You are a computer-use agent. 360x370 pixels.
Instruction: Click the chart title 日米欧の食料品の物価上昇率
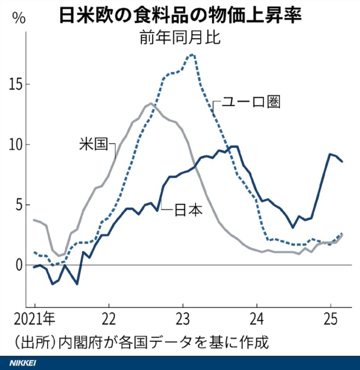pos(181,14)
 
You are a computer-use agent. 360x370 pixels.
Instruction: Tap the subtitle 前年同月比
pos(181,38)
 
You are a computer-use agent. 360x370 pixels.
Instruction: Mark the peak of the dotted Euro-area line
pos(192,54)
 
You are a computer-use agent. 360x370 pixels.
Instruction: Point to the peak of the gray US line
pos(151,103)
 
